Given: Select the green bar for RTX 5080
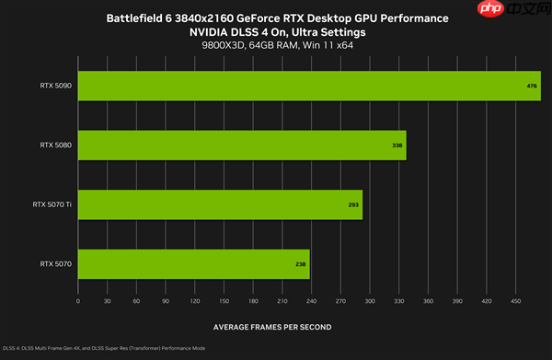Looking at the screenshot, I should coord(241,145).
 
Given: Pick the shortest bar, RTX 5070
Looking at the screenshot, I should coord(193,264).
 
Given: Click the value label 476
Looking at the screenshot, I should coord(532,86).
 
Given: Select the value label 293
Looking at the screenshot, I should coord(353,204).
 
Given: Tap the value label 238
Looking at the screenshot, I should coord(301,264).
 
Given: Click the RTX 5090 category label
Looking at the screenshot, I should coord(56,86).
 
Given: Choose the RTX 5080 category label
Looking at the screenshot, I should coord(56,145).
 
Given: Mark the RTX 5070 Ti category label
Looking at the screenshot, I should coord(53,204).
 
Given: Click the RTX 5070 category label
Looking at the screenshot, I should coord(56,264).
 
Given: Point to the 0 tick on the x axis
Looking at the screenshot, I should coord(78,301).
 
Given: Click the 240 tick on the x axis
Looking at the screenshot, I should coord(312,301).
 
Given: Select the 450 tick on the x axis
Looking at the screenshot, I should coord(515,301).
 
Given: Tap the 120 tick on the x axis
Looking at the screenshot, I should coord(195,301).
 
